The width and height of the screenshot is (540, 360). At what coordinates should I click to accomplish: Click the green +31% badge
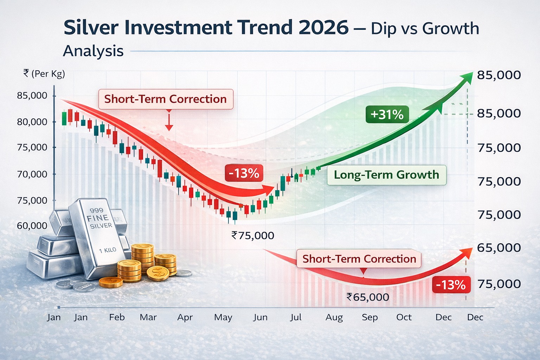click(x=387, y=114)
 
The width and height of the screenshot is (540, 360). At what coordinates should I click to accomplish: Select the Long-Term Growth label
click(x=386, y=175)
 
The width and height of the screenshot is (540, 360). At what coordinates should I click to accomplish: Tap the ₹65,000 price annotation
click(x=368, y=297)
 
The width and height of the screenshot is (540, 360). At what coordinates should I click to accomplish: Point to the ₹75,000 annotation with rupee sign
click(x=253, y=236)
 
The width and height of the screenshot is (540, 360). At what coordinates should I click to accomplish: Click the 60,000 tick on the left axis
click(x=32, y=226)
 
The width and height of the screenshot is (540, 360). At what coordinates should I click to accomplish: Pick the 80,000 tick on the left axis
click(x=32, y=122)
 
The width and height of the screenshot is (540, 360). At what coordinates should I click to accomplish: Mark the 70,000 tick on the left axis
click(x=32, y=174)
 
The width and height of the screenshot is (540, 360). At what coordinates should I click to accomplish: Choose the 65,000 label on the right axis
click(x=499, y=247)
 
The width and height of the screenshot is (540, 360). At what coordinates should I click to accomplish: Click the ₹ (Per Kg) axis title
click(x=44, y=74)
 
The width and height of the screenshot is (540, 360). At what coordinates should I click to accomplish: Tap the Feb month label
click(x=117, y=317)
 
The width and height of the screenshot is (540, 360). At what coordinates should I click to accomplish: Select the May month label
click(x=223, y=317)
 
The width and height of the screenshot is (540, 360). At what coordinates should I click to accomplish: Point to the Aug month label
click(x=334, y=317)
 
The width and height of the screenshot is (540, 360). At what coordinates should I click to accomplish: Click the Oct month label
click(x=404, y=317)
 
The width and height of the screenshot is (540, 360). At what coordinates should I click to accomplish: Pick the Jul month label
click(x=296, y=317)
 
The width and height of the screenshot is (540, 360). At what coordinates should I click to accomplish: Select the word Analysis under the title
click(x=93, y=51)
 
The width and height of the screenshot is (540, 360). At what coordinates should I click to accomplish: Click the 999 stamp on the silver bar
click(x=96, y=210)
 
